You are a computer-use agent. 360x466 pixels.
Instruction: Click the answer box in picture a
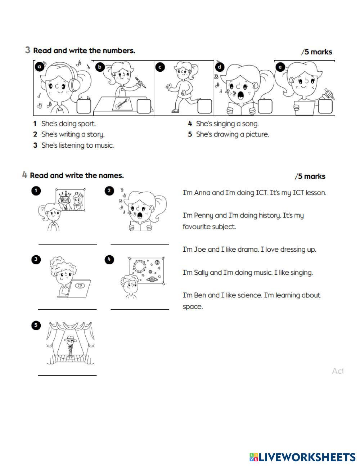(x=84, y=106)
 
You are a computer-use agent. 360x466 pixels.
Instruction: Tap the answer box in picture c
(x=204, y=106)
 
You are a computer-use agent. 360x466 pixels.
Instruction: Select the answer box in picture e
(x=325, y=106)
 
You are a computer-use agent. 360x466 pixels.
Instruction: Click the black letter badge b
(x=100, y=67)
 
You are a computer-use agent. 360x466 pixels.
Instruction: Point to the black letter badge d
(x=220, y=67)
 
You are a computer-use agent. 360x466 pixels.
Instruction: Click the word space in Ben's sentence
(x=193, y=307)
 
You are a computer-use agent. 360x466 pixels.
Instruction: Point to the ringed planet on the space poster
(x=152, y=279)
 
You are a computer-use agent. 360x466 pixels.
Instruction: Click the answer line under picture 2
(x=140, y=244)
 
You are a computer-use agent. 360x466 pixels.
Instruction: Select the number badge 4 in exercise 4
(x=109, y=260)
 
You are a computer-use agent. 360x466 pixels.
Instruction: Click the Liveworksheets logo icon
(x=254, y=457)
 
